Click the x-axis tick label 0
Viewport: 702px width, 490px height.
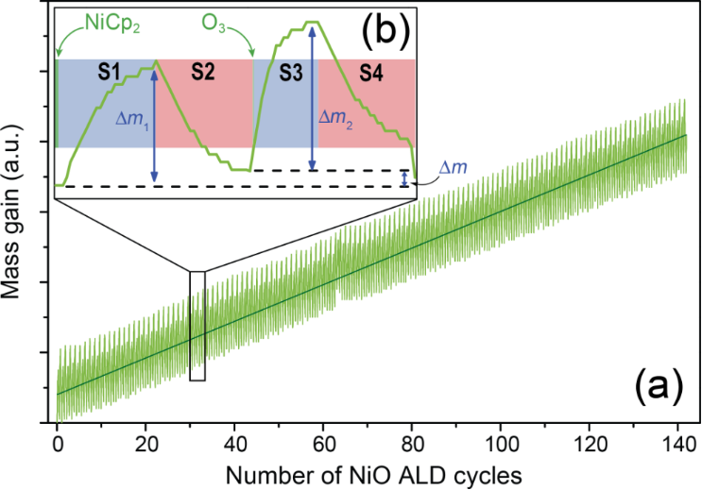[x=57, y=441]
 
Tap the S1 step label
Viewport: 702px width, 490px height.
[x=111, y=72]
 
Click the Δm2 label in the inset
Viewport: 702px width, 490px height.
[x=337, y=117]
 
